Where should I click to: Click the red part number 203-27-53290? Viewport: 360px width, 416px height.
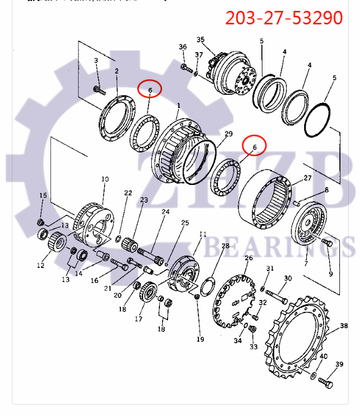coord(284,18)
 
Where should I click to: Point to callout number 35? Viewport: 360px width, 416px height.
coord(201,40)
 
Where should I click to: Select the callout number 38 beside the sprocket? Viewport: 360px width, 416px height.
coord(344,326)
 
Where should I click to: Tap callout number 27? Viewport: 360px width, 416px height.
coord(307,178)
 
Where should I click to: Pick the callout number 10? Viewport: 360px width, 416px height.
coord(105,178)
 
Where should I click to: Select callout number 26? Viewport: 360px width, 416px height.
coord(249,258)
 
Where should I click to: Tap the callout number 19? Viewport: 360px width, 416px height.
coord(200,340)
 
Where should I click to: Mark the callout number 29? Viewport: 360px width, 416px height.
coord(228,134)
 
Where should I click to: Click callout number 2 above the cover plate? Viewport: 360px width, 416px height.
coord(116,71)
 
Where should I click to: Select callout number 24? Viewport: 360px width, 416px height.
coord(165,212)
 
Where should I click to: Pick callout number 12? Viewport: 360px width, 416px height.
coord(40,265)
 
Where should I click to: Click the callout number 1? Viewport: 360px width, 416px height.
coord(178,104)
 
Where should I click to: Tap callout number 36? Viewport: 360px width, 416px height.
coord(183,47)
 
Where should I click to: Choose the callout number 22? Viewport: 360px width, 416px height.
coord(128,193)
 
